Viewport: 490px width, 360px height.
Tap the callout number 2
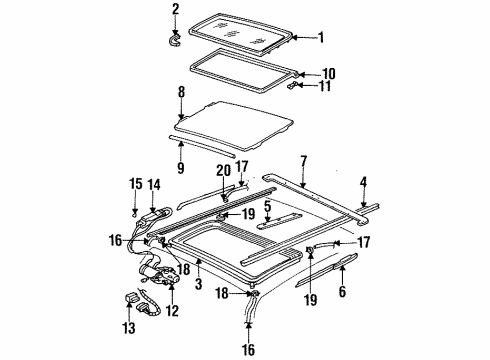176,10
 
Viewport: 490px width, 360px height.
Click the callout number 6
342,293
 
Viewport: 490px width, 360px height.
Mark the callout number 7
303,160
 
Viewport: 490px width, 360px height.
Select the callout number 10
330,73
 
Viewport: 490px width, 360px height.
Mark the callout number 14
154,186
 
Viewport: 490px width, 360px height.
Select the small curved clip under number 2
177,38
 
